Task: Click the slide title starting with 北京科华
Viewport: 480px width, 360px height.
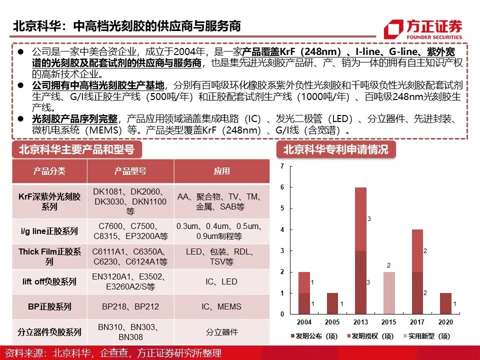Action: click(x=127, y=26)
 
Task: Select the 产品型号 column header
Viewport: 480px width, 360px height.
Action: click(x=130, y=171)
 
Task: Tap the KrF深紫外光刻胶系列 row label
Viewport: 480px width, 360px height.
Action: click(x=49, y=201)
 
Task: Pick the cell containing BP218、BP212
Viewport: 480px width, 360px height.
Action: click(x=130, y=306)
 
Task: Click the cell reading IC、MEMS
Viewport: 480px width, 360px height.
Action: click(x=222, y=306)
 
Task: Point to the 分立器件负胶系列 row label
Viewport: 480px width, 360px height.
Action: click(x=49, y=332)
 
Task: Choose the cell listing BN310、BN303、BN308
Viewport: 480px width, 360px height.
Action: click(x=130, y=332)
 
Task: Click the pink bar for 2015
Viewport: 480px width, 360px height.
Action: click(x=388, y=293)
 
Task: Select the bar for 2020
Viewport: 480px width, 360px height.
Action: click(x=446, y=303)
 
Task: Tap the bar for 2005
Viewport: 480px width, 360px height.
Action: click(x=332, y=303)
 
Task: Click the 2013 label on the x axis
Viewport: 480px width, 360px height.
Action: click(x=360, y=322)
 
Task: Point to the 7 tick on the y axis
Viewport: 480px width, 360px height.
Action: click(x=282, y=165)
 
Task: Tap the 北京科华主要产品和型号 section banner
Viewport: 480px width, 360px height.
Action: click(x=76, y=149)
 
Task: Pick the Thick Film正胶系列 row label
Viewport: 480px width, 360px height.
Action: click(x=49, y=256)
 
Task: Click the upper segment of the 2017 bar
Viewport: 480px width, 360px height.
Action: click(x=417, y=250)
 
